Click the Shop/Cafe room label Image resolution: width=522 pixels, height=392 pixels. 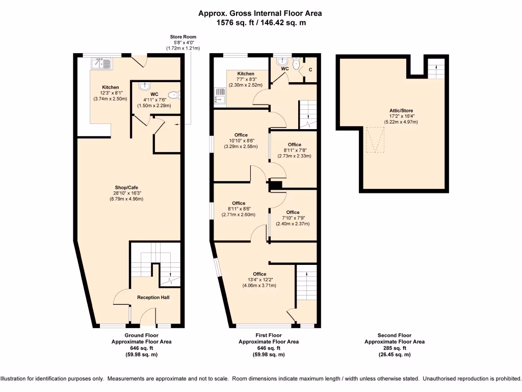pyautogui.click(x=126, y=187)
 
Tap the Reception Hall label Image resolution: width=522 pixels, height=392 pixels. pyautogui.click(x=153, y=297)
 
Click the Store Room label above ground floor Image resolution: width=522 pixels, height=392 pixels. pyautogui.click(x=183, y=37)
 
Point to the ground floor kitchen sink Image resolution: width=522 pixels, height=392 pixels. pyautogui.click(x=101, y=63)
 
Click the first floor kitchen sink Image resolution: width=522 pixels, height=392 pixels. pyautogui.click(x=221, y=95)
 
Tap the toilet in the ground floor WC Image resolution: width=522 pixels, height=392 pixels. pyautogui.click(x=175, y=94)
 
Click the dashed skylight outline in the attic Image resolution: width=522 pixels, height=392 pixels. pyautogui.click(x=376, y=140)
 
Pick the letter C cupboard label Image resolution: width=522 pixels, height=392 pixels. pyautogui.click(x=310, y=69)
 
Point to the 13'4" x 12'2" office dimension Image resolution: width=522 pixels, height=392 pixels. pyautogui.click(x=259, y=280)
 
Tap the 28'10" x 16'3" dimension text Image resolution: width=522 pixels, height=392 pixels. pyautogui.click(x=126, y=193)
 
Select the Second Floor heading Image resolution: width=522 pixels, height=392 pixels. pyautogui.click(x=394, y=335)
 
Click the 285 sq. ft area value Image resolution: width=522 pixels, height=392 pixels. pyautogui.click(x=394, y=348)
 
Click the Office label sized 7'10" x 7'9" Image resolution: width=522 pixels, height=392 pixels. pyautogui.click(x=293, y=212)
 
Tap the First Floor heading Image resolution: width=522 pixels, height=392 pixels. pyautogui.click(x=269, y=335)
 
